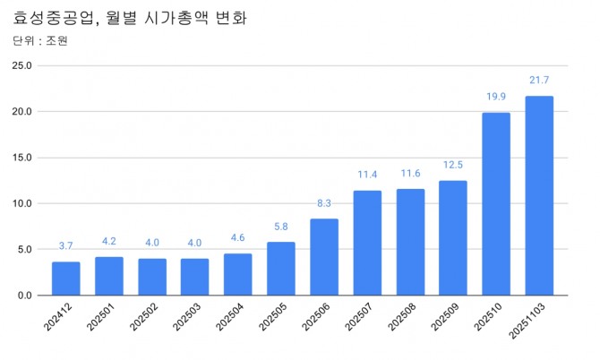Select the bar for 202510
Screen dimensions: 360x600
coord(495,204)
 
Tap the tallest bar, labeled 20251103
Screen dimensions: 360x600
coord(538,196)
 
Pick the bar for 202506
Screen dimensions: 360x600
coord(323,257)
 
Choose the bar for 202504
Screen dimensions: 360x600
coord(237,274)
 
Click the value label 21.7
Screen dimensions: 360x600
coord(539,81)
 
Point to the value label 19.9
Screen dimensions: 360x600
coord(495,97)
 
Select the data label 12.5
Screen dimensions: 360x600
coord(452,165)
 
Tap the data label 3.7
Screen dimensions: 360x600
coord(65,246)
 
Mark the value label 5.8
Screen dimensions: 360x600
coord(280,227)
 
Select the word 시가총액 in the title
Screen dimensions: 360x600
coord(183,17)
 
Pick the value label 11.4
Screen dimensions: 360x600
coord(366,175)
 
